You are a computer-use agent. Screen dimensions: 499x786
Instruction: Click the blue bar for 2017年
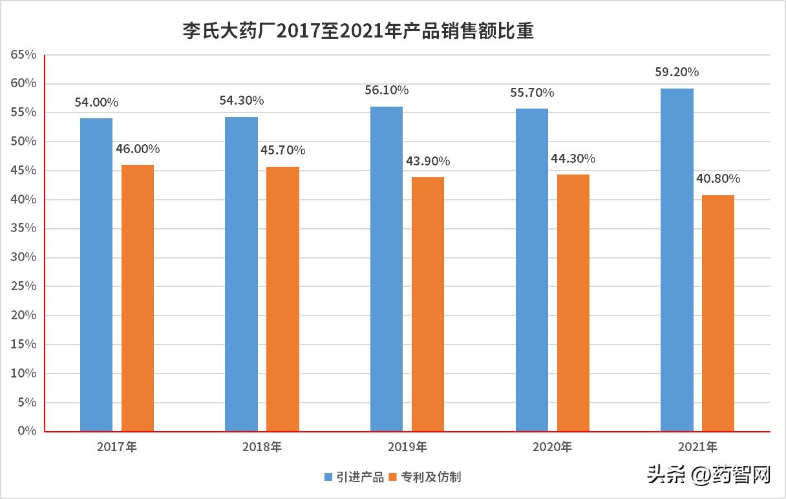coord(96,275)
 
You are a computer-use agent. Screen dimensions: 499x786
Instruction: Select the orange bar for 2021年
coord(718,313)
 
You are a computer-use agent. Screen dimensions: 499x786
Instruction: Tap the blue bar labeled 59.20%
coord(677,260)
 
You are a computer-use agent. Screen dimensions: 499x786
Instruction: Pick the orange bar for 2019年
coord(428,304)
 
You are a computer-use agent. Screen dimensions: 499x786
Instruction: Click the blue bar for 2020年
coord(532,270)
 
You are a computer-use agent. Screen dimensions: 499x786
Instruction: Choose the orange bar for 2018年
coord(283,299)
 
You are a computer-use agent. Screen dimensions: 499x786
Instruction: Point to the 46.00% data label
coord(138,149)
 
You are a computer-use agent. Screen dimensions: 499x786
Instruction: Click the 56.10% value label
coord(387,90)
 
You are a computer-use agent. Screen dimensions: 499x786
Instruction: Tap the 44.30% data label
coord(573,158)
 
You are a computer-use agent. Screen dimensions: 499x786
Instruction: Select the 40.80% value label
coord(718,179)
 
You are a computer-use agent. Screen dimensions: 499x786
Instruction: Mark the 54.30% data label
coord(242,101)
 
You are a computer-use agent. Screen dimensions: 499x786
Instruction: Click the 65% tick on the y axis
coord(23,55)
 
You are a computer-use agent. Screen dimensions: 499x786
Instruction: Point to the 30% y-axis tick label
coord(23,257)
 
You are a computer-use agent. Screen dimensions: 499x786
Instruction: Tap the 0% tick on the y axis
coord(27,431)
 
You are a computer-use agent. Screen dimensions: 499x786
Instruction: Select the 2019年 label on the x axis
coord(407,447)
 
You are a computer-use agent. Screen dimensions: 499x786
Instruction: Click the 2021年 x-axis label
coord(697,447)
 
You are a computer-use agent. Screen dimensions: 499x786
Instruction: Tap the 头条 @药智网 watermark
coord(712,476)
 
